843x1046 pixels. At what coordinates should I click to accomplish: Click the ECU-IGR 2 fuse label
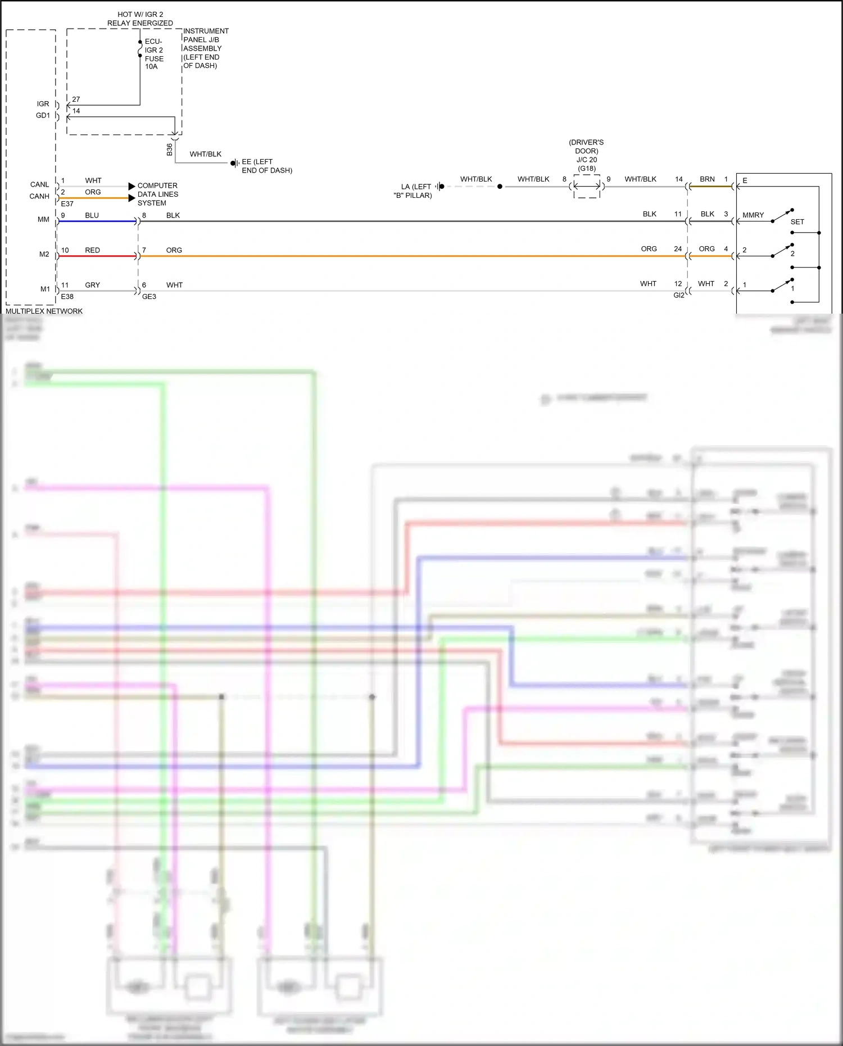tap(154, 54)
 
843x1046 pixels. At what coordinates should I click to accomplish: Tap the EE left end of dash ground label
tap(266, 166)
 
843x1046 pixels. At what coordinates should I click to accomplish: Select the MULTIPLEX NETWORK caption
tap(44, 311)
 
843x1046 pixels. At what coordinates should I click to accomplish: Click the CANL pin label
tap(39, 184)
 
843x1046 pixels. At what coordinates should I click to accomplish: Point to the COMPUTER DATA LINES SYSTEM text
tap(157, 194)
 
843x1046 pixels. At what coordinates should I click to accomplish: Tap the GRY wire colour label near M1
tap(92, 285)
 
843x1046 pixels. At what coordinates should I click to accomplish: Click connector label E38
tap(67, 296)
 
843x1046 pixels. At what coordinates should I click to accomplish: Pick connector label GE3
tap(149, 296)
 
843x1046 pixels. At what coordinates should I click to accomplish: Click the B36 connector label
tap(170, 150)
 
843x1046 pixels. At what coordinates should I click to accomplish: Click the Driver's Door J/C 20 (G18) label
tap(586, 155)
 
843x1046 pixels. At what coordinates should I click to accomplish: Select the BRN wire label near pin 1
tap(707, 179)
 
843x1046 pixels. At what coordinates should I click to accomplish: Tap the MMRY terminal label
tap(753, 215)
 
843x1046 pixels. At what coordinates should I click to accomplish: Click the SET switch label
tap(797, 222)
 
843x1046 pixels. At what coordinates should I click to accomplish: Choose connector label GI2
tap(678, 295)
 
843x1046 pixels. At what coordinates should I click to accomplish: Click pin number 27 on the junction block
tap(76, 99)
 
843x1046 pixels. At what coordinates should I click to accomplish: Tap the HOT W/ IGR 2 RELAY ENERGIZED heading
tap(140, 19)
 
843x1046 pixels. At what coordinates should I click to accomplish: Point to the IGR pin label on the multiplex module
tap(43, 104)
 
